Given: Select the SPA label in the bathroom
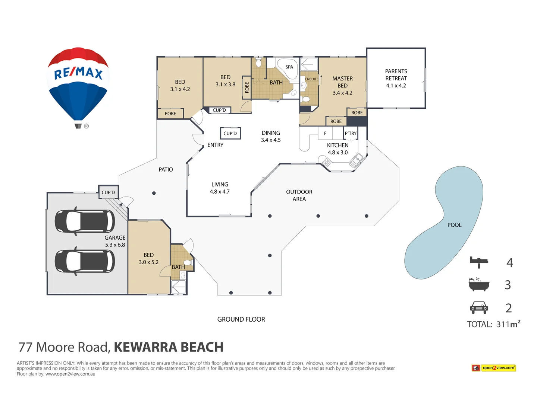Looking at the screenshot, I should click(289, 67).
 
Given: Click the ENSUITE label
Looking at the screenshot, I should click(312, 79).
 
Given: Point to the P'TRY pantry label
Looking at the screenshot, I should click(351, 133).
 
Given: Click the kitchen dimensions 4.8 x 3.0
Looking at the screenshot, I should click(337, 153).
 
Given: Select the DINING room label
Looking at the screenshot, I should click(271, 133).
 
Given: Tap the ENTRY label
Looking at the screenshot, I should click(215, 145).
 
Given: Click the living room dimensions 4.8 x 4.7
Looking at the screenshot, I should click(220, 192).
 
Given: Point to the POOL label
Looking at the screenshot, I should click(454, 225).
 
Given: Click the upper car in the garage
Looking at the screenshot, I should click(85, 221).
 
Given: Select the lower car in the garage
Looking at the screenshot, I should click(85, 261).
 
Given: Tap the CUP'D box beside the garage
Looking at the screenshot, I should click(109, 192).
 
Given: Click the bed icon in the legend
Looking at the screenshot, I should click(479, 262).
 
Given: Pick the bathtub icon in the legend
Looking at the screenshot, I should click(479, 284).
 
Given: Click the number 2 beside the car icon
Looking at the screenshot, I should click(508, 308).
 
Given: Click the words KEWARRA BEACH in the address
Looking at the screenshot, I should click(169, 347).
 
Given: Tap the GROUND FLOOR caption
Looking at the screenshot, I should click(241, 319).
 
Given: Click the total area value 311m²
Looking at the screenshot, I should click(508, 324).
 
